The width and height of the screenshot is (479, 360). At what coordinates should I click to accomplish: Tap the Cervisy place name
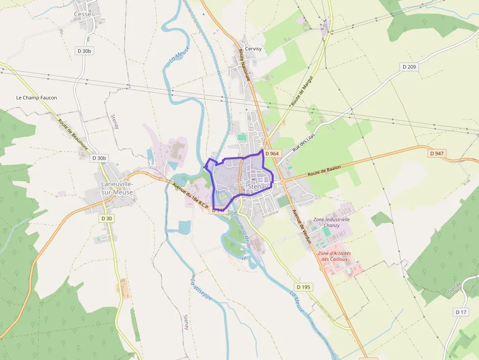253,49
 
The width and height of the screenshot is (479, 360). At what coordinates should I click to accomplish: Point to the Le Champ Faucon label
37,98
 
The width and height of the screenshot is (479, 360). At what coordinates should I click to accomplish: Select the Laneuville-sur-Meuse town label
117,188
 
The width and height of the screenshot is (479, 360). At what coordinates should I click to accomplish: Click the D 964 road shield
272,153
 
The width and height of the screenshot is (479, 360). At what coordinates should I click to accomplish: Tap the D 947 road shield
437,153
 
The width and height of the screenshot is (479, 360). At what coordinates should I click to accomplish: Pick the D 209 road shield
409,66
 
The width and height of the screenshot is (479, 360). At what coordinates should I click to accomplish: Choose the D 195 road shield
304,287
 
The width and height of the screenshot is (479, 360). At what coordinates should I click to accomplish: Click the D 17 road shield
461,312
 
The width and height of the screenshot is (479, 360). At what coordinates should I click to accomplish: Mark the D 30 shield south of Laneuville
106,218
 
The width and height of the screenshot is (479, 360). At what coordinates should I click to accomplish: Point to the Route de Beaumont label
73,134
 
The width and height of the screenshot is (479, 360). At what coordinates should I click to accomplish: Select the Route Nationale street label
244,64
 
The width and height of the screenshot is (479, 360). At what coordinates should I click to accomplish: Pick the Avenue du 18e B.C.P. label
191,197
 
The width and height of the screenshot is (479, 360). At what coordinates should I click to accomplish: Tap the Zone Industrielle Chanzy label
332,222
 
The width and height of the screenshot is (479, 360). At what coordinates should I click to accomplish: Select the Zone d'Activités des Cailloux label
334,256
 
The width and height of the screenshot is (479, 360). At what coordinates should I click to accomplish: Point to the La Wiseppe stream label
200,289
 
